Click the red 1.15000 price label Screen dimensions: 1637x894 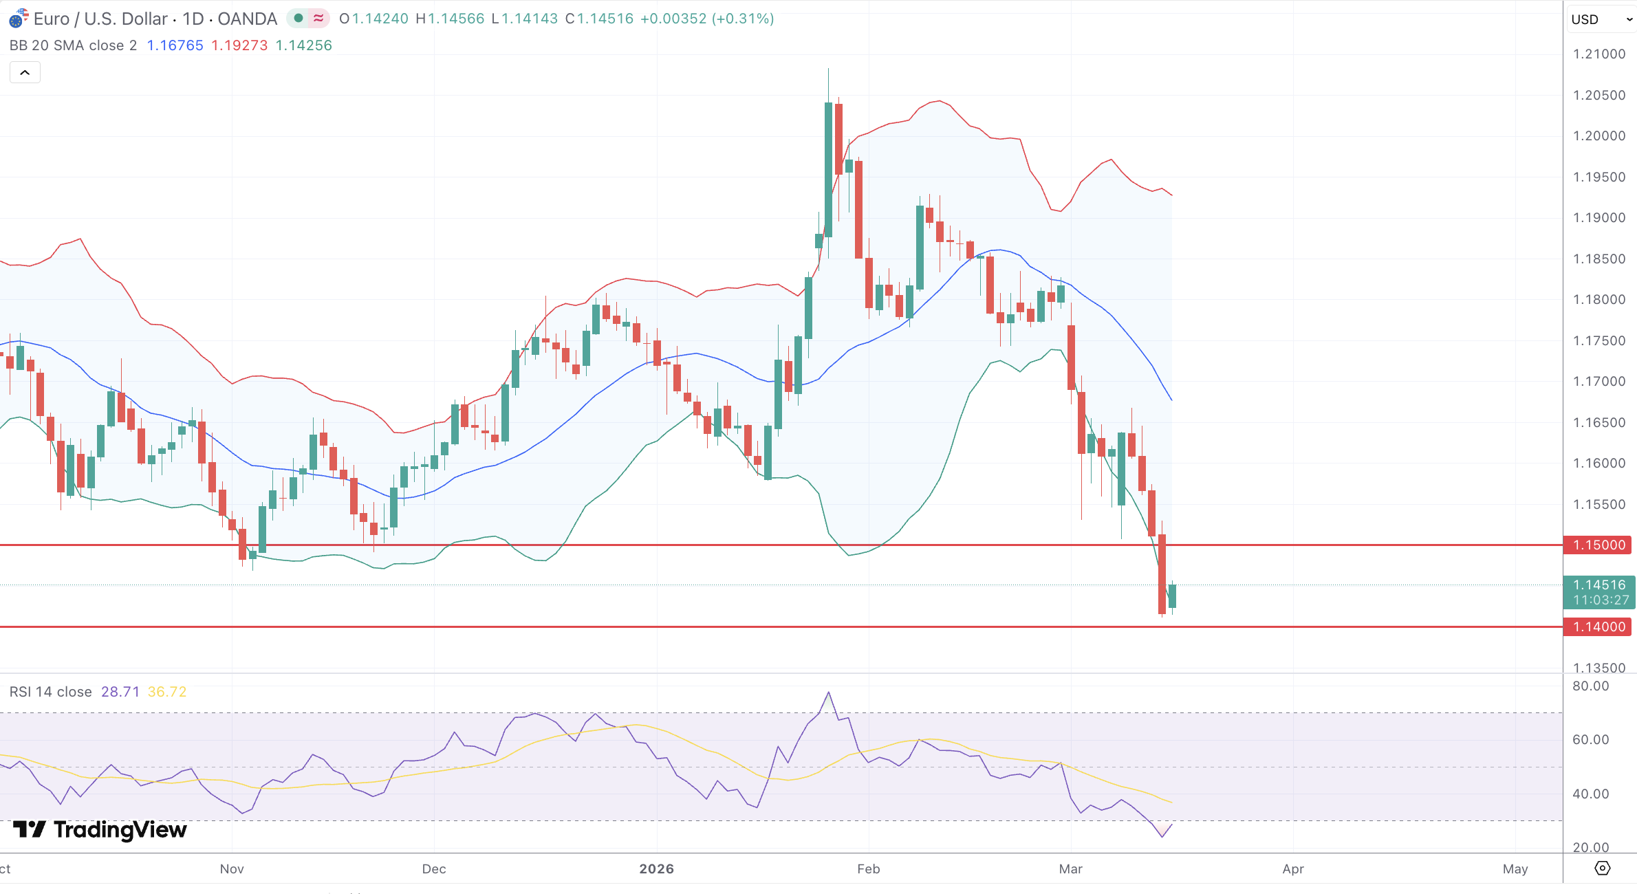(1599, 545)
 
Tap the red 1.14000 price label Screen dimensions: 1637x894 (1599, 627)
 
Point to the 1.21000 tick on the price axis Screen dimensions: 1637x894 (1599, 54)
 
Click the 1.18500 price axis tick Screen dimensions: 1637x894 (1599, 259)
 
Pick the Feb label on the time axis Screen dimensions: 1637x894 (869, 869)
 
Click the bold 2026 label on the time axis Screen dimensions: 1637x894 (657, 869)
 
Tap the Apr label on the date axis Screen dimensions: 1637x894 (1293, 869)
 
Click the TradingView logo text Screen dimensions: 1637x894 (120, 830)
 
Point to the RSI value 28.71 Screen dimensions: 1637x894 (120, 692)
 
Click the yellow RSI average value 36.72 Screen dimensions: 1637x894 (167, 692)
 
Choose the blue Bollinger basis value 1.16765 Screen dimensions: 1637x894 (175, 45)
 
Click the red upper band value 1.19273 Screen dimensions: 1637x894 (239, 45)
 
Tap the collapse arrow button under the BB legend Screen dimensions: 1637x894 (25, 72)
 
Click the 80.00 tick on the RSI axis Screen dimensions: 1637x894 (1590, 686)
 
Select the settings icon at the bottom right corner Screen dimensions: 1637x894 (1602, 869)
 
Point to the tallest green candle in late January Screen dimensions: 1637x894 (828, 170)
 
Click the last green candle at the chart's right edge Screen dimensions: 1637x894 (1172, 596)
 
